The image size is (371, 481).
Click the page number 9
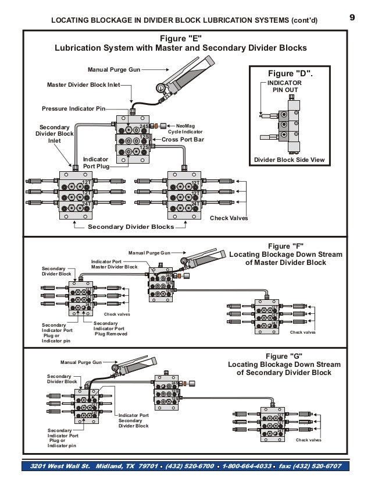pyautogui.click(x=352, y=17)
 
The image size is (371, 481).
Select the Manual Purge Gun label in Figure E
pyautogui.click(x=113, y=69)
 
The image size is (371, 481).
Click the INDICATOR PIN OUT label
pyautogui.click(x=285, y=87)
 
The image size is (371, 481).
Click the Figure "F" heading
pyautogui.click(x=286, y=254)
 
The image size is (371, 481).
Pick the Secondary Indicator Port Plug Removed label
pyautogui.click(x=110, y=328)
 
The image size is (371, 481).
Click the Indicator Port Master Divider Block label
pyautogui.click(x=115, y=264)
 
